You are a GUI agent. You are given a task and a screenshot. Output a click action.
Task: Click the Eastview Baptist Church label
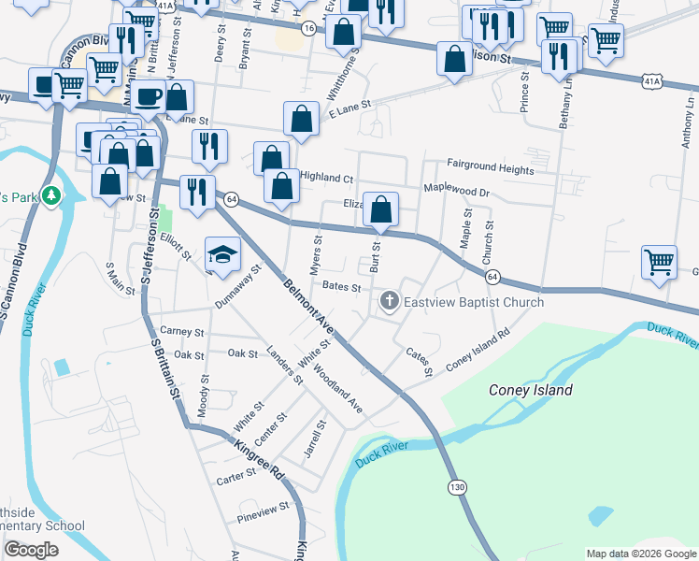coord(474,302)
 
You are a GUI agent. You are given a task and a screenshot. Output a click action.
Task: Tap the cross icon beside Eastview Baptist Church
coord(390,301)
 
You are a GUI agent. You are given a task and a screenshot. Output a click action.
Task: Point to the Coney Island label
coord(531,390)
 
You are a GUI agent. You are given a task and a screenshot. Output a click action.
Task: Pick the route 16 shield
coord(307,29)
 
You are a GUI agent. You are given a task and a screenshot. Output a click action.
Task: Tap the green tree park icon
coord(53,195)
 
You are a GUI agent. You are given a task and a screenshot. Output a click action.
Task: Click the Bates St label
coord(341,287)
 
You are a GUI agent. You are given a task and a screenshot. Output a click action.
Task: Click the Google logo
coord(31,550)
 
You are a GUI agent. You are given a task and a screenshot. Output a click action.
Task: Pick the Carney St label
coord(181,331)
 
